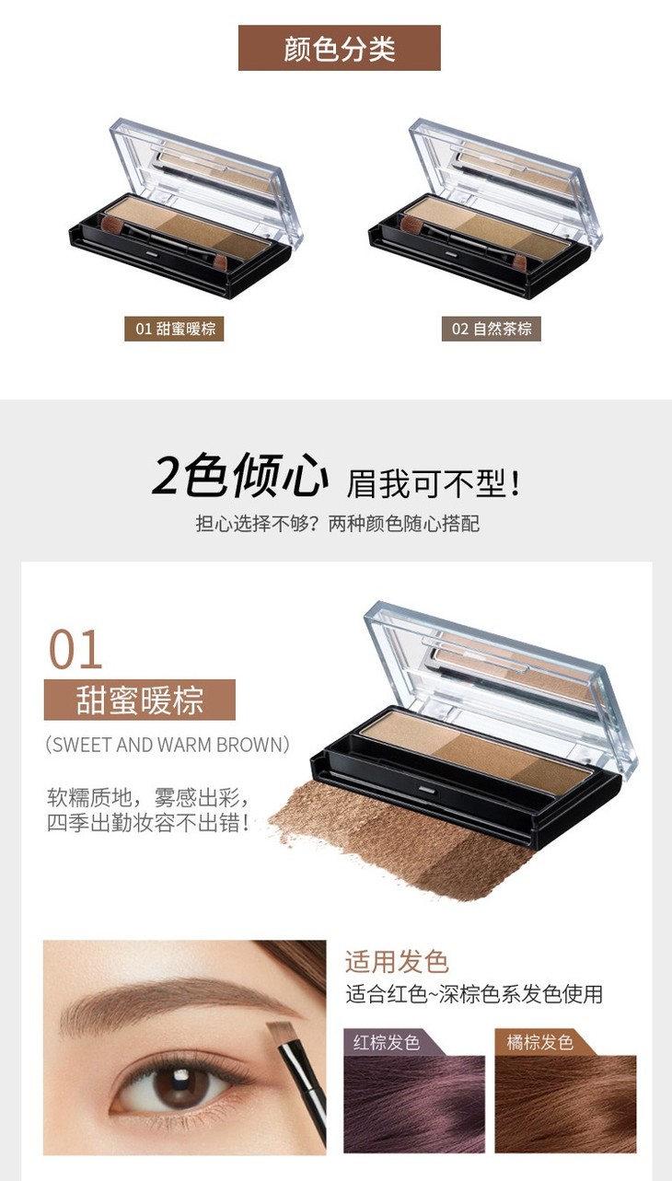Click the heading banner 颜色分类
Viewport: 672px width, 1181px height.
coord(340,48)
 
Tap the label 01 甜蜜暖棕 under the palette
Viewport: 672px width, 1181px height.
coord(174,329)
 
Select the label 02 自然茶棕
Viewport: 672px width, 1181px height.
coord(492,329)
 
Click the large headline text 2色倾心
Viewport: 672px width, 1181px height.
coord(240,476)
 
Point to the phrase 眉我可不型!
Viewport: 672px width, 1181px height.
coord(434,483)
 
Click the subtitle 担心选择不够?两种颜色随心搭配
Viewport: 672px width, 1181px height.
coord(338,524)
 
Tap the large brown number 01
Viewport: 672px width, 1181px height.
coord(75,650)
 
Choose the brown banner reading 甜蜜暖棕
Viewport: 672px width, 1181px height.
coord(140,700)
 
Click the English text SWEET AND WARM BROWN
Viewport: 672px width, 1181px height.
coord(168,745)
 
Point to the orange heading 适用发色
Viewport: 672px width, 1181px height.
coord(397,962)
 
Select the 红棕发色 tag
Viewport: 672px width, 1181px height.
coord(387,1042)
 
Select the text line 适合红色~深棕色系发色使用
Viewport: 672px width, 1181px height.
coord(474,994)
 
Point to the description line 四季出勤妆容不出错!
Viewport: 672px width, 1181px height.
coord(148,823)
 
